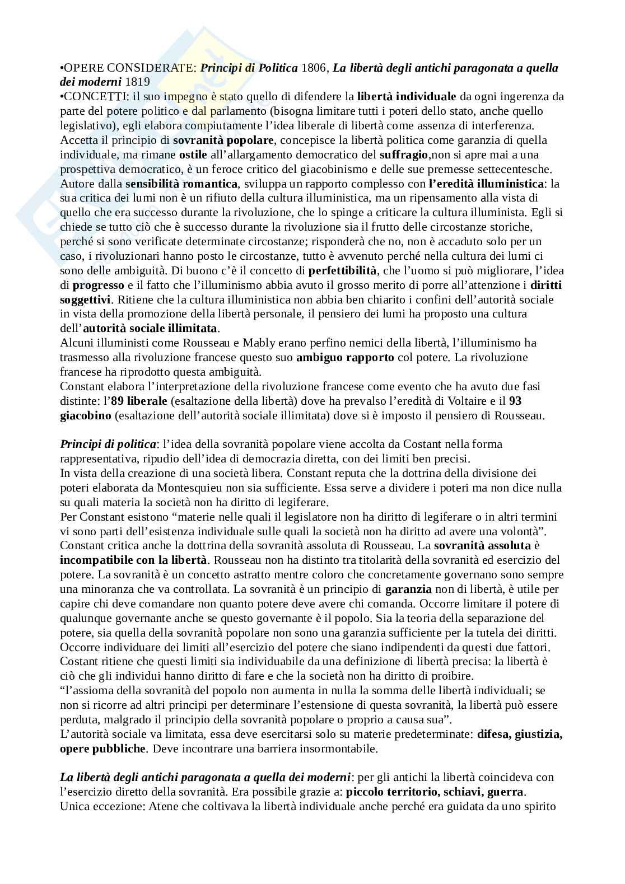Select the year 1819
(x=138, y=82)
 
